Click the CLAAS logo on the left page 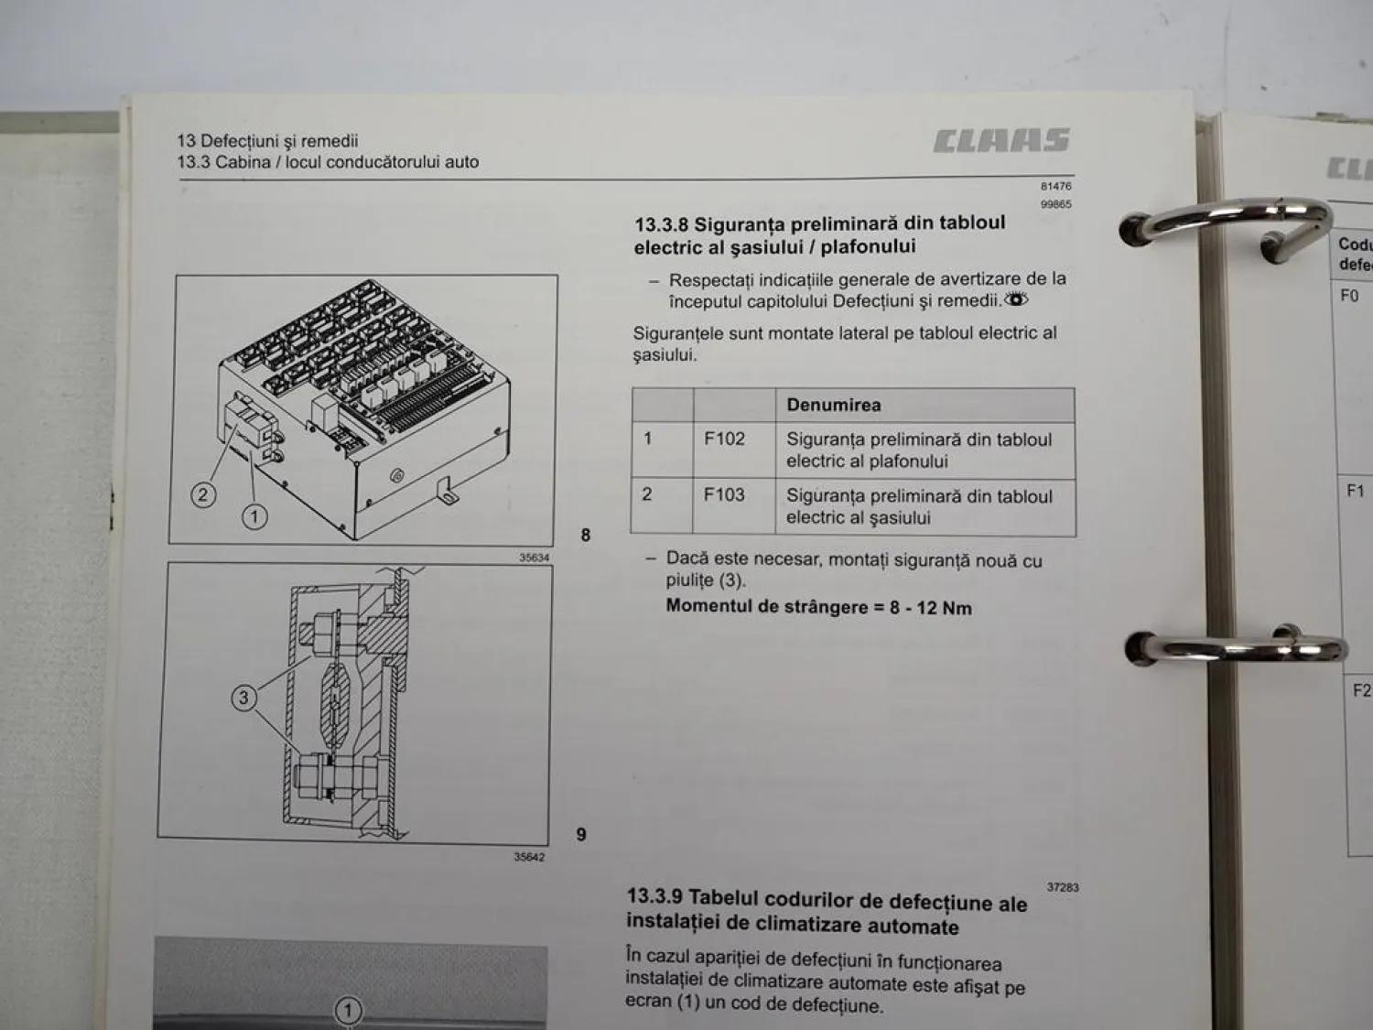(1001, 140)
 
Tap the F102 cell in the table (724, 439)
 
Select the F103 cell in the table (724, 495)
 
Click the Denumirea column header (833, 405)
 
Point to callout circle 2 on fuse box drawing (203, 495)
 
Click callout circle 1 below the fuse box (254, 516)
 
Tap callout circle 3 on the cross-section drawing (243, 698)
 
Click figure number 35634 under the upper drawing (534, 557)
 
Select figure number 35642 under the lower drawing (529, 857)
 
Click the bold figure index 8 (586, 535)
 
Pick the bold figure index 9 (581, 834)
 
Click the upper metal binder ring (1227, 221)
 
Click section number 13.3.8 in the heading (661, 224)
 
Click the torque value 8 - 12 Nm (930, 608)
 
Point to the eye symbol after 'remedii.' (1016, 299)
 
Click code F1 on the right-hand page (1356, 491)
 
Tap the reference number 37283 (1062, 887)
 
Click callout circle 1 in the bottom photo (348, 1012)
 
